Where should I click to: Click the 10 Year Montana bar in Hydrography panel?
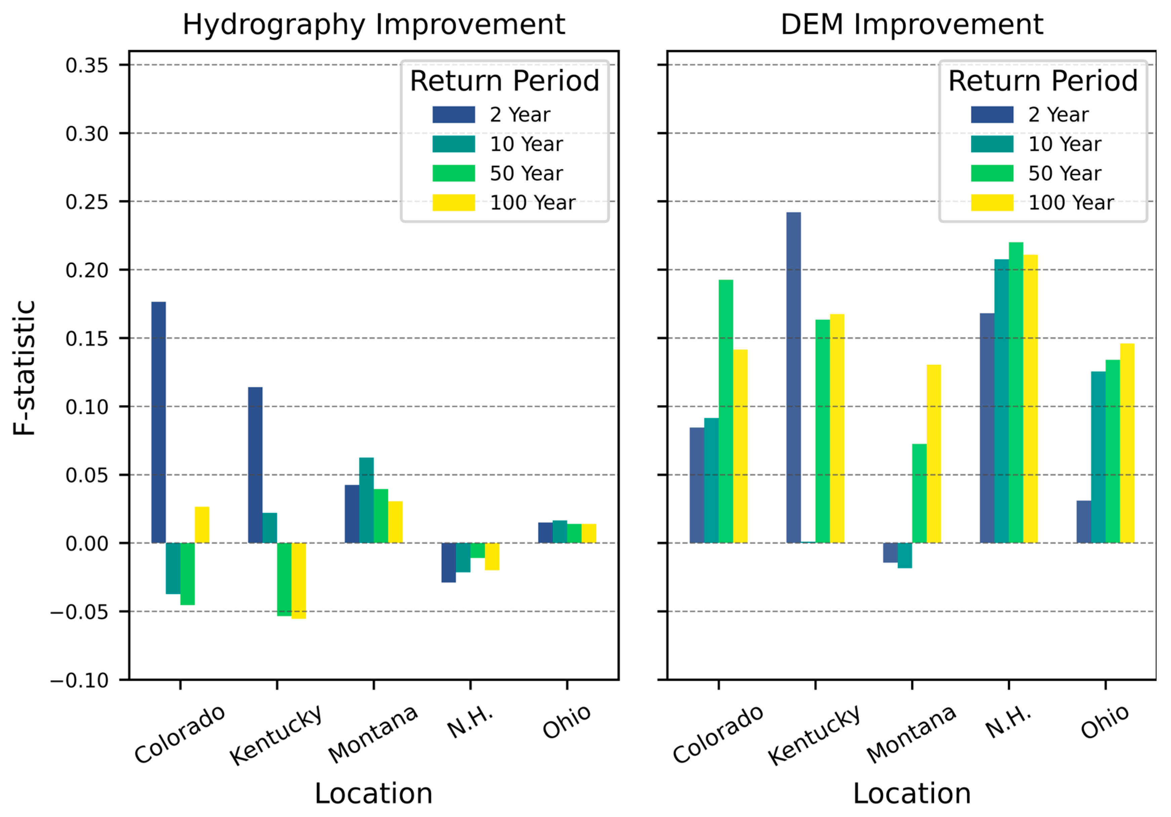point(366,500)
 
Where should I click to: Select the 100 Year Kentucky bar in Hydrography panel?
point(298,581)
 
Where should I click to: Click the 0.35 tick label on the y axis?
point(87,65)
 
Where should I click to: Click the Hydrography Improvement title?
point(373,25)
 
